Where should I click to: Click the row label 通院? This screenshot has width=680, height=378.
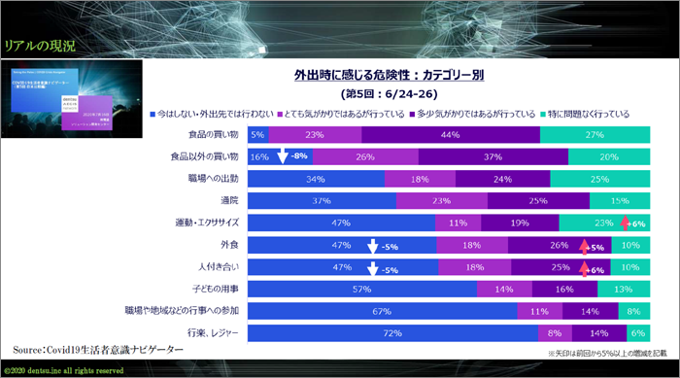coord(230,200)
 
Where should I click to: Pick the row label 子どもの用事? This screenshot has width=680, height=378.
coord(216,289)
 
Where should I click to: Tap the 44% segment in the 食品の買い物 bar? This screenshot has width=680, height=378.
coord(450,135)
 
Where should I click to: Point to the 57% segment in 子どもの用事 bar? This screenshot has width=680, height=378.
coord(362,289)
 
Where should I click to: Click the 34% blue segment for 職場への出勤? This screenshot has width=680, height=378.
coord(316,179)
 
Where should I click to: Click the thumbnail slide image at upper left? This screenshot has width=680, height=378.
coord(73,99)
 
